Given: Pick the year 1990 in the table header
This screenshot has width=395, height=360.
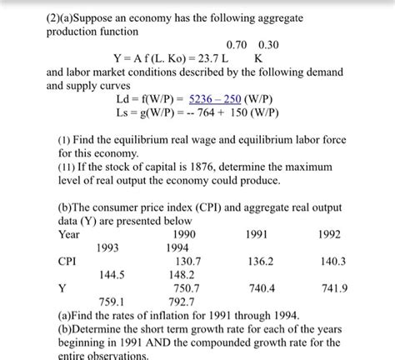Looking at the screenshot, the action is coord(184,234).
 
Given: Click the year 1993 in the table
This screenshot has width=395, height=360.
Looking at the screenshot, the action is coord(114,247).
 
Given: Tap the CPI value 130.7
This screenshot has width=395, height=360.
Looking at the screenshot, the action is coord(183,261).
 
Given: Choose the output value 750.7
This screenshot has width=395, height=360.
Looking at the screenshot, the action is coord(183,287).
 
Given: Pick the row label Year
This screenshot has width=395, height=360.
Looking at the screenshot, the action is coord(69,234).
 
